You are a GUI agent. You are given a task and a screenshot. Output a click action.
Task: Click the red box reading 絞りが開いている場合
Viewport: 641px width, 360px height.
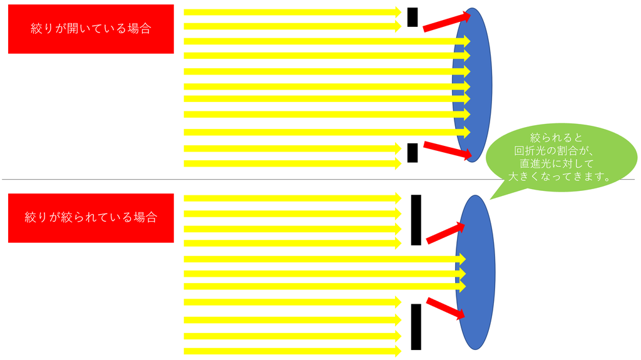(91, 29)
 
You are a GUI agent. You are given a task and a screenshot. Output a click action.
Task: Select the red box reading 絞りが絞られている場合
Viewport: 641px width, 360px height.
(91, 217)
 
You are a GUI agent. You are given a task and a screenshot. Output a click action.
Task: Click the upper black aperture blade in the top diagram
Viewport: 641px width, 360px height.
(412, 17)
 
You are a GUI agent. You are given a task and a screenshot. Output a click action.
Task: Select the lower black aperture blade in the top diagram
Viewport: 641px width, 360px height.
(412, 152)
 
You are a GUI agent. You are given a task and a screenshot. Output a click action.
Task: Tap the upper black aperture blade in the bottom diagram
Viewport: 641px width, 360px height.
(416, 220)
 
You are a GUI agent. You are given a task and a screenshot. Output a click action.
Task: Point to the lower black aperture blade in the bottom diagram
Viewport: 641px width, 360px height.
(416, 326)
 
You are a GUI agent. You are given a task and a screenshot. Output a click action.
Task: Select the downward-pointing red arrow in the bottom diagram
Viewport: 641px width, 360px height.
(446, 308)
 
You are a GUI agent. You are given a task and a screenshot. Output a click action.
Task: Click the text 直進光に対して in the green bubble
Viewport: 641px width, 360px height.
(556, 163)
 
